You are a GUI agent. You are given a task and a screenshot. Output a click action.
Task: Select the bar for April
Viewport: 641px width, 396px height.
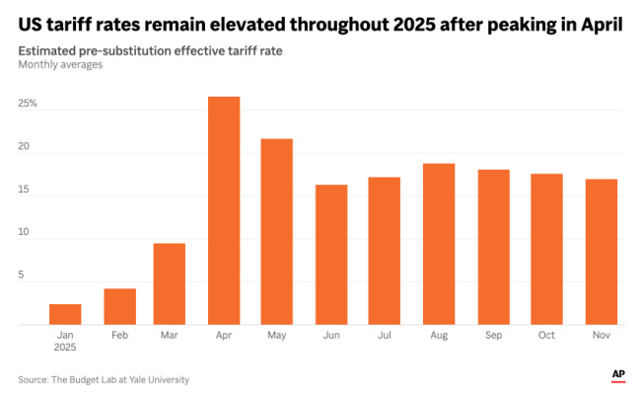coord(223,210)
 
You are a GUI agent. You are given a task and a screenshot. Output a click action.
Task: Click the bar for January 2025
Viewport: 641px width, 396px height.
coord(65,314)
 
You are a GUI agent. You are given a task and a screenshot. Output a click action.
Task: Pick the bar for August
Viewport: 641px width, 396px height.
coord(439,244)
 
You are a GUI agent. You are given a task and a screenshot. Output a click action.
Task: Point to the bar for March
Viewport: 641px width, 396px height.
coord(170,283)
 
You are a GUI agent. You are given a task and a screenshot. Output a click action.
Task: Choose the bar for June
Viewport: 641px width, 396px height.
coord(330,255)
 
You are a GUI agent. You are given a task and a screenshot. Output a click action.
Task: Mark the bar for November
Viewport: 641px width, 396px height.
coord(601,252)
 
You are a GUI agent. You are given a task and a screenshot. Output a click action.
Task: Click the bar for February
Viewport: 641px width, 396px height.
coord(119,306)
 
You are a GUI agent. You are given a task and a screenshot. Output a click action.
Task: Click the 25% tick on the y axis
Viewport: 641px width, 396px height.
coord(27,103)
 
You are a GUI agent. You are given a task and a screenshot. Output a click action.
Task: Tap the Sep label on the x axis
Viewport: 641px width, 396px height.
coord(493,336)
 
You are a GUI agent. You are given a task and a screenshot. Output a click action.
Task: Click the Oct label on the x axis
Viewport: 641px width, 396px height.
coord(546,336)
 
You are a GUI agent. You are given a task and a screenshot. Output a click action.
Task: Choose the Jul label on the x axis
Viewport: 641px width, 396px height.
coord(385,336)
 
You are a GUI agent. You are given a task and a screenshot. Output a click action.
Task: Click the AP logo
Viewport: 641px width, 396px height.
coord(618,374)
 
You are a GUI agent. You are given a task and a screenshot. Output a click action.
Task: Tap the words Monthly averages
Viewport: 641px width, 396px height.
coord(59,65)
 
